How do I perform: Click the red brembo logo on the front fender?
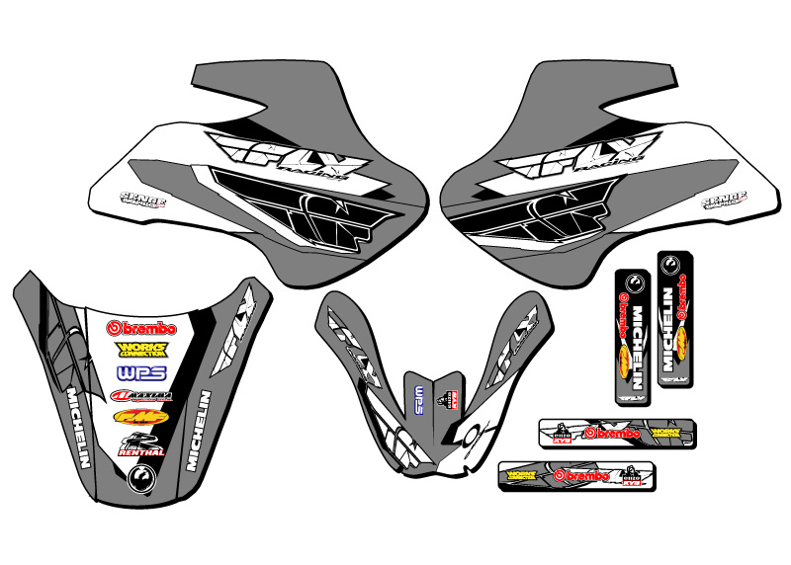click(x=141, y=328)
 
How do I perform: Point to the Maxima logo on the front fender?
click(x=141, y=397)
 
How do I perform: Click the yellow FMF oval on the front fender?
click(x=140, y=417)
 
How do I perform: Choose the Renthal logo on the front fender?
click(x=140, y=444)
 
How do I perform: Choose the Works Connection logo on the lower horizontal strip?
click(x=525, y=476)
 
